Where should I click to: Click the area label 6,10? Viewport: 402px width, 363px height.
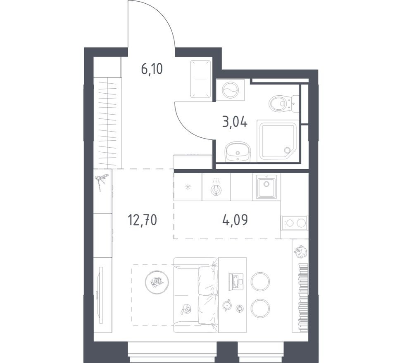pos(152,69)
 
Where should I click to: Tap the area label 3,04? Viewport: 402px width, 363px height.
pos(235,122)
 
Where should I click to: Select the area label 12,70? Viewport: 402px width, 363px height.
pos(142,220)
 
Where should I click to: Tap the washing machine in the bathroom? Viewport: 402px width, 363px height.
pos(230,90)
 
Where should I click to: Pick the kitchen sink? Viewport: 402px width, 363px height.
pos(266,186)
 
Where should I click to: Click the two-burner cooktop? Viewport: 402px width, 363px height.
pos(295,223)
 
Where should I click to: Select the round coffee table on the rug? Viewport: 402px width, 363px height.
pos(157,282)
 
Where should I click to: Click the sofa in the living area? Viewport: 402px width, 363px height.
pos(196,295)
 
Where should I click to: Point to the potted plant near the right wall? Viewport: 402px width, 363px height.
pos(300,252)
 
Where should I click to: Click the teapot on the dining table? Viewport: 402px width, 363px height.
pos(227,305)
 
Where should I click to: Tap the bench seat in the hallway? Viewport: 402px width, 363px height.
pos(201,79)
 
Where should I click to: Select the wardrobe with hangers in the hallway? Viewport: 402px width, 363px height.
pos(107,123)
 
